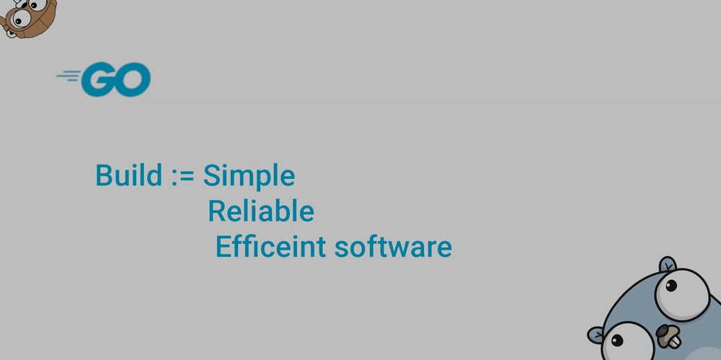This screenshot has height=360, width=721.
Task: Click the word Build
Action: point(129,175)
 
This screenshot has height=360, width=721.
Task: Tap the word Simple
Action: point(249,177)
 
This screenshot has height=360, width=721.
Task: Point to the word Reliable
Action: point(261,211)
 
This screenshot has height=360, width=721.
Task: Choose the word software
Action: point(393,247)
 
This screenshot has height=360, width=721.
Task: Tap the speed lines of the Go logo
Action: point(68,76)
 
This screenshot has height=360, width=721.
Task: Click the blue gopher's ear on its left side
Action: point(596,335)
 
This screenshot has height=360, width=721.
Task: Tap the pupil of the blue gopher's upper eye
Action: point(671,286)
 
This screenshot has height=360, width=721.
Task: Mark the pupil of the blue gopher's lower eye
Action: point(618,341)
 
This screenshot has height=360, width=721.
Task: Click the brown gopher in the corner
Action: point(27,19)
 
